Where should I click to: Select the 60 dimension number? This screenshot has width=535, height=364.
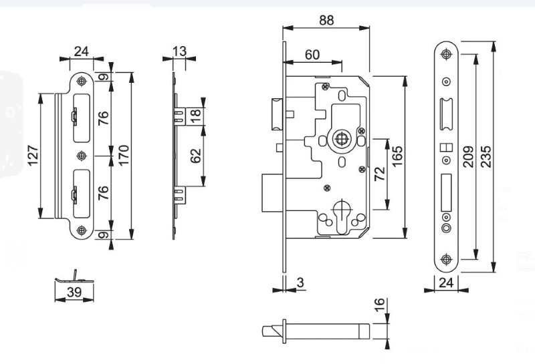pos(312,55)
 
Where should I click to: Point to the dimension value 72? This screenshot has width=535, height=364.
pos(379,175)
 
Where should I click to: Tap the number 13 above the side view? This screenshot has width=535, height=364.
pos(179,51)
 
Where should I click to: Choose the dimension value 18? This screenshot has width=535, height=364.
pos(195,116)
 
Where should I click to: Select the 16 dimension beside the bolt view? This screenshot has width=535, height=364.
pos(379,308)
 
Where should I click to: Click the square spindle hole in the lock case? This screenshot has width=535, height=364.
pos(340,140)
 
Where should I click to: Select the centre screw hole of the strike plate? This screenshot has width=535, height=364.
pos(82,156)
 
